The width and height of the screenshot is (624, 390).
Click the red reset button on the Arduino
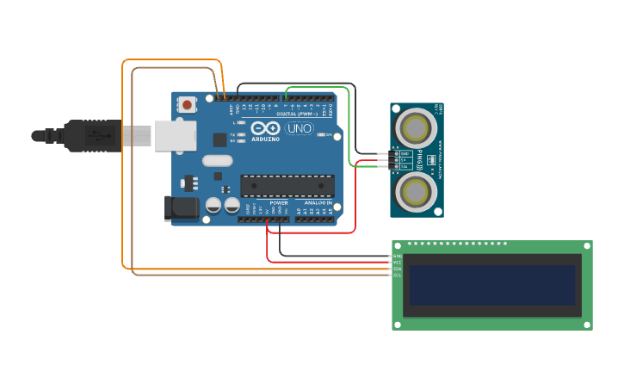pyautogui.click(x=187, y=105)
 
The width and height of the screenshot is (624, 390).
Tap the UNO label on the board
pyautogui.click(x=300, y=129)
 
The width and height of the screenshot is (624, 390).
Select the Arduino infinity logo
pyautogui.click(x=267, y=128)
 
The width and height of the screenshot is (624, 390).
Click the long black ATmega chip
pyautogui.click(x=287, y=185)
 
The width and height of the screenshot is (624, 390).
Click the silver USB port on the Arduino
pyautogui.click(x=175, y=135)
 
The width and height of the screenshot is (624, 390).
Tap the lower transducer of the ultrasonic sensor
pyautogui.click(x=417, y=190)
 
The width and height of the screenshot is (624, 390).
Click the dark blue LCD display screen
pyautogui.click(x=491, y=285)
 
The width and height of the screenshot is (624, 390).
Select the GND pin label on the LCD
pyautogui.click(x=397, y=256)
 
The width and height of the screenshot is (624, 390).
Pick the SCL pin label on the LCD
pyautogui.click(x=397, y=275)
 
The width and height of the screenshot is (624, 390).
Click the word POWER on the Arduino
pyautogui.click(x=279, y=203)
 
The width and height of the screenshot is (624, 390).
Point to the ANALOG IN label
pyautogui.click(x=316, y=203)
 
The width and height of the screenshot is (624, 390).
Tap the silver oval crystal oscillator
pyautogui.click(x=218, y=160)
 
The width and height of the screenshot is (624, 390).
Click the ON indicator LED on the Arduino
pyautogui.click(x=322, y=135)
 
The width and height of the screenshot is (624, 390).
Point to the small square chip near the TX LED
pyautogui.click(x=219, y=139)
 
